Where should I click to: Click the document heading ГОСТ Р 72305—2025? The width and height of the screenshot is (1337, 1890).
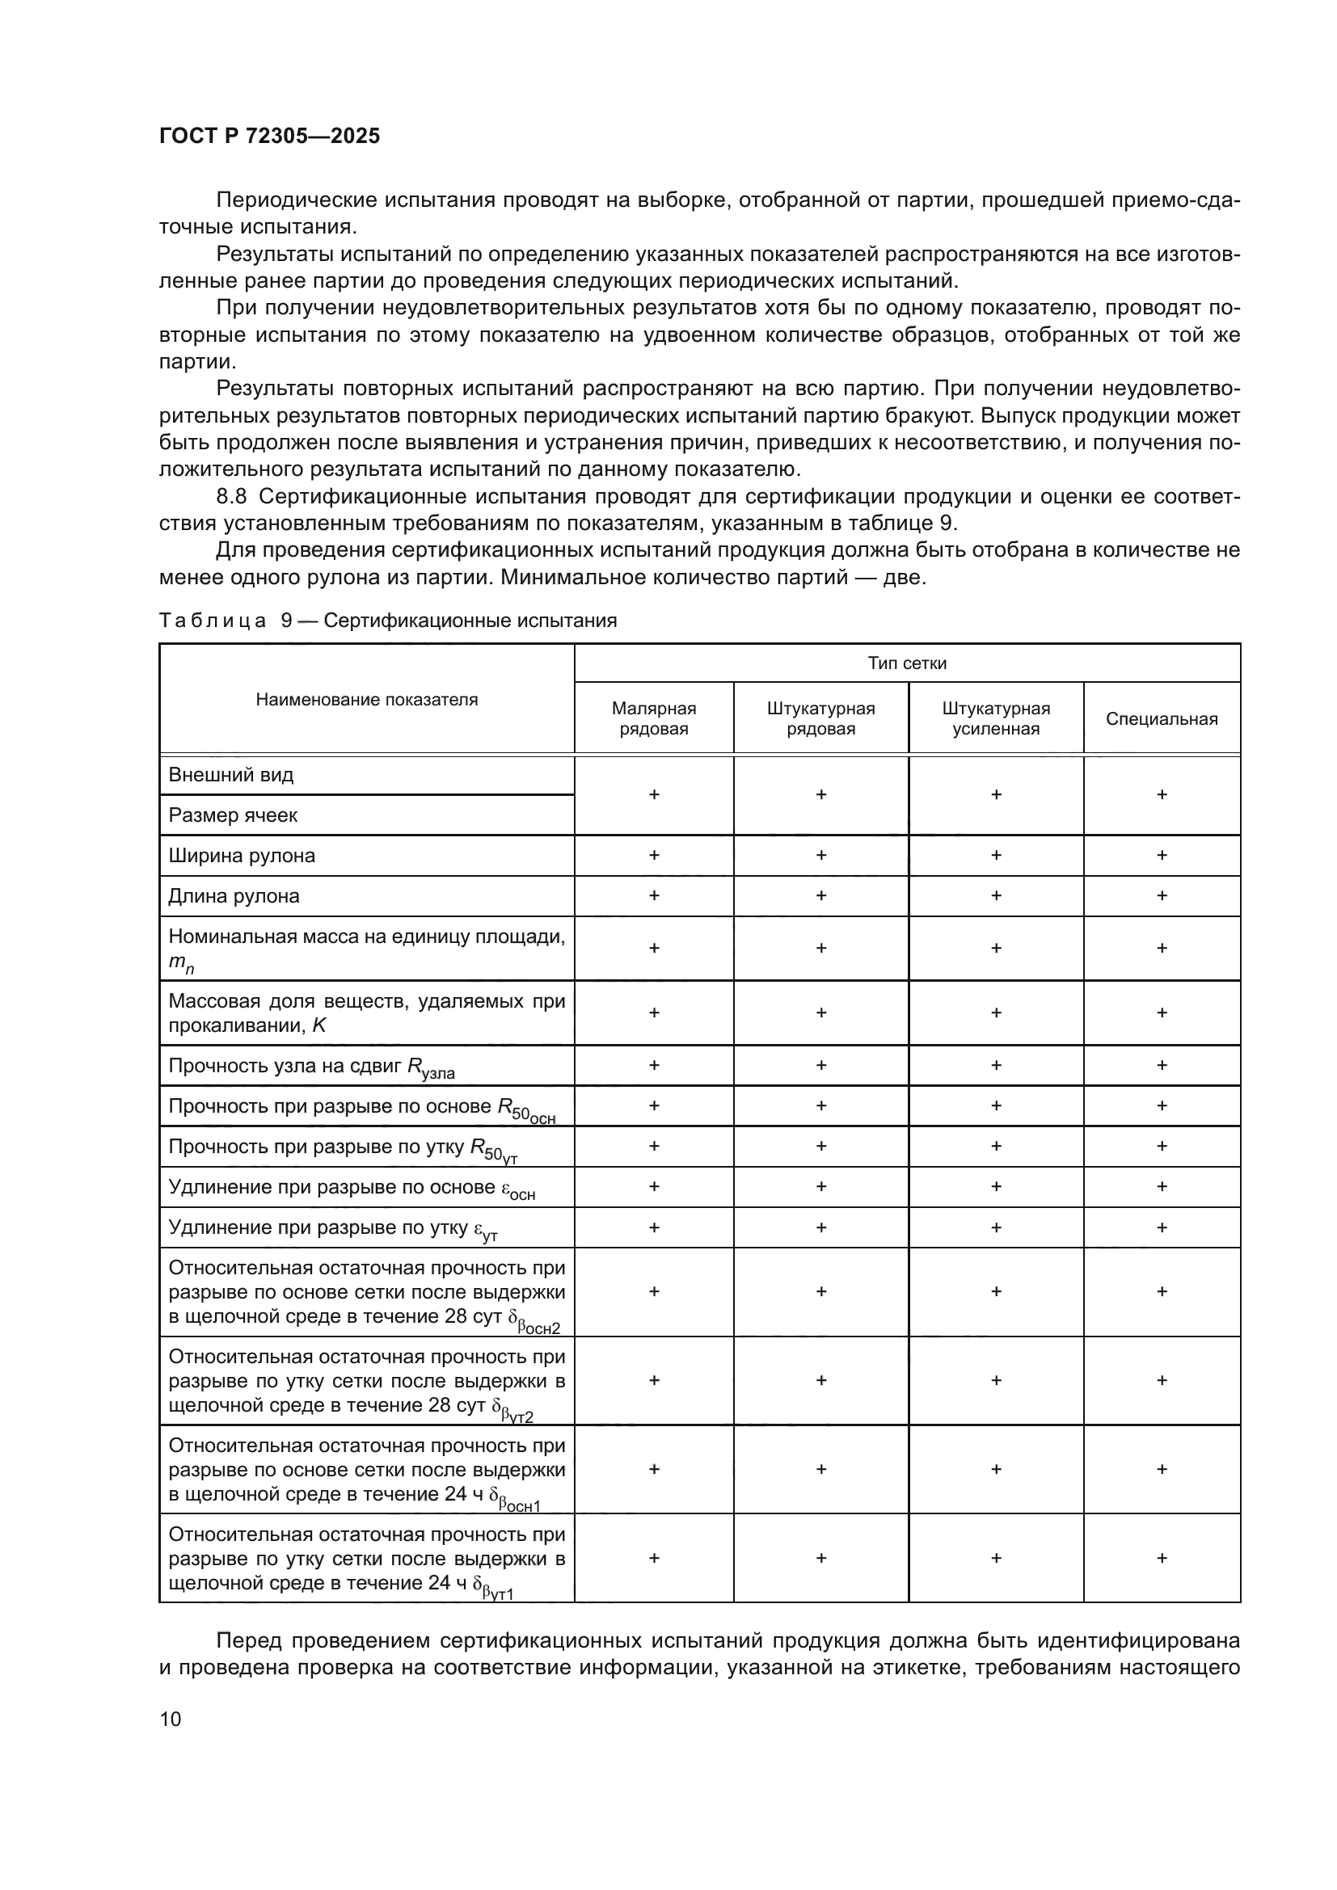click(x=269, y=136)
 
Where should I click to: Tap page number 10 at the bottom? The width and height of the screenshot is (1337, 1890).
click(x=171, y=1719)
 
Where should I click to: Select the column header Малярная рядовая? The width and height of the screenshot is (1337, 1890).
click(x=654, y=718)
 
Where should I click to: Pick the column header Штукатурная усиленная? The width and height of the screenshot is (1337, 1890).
click(x=995, y=718)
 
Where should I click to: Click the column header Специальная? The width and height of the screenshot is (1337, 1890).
click(x=1161, y=718)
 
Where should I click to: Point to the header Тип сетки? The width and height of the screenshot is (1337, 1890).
click(x=906, y=663)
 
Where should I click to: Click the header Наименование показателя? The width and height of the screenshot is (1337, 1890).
click(x=366, y=699)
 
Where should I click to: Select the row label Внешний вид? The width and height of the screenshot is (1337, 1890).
click(x=230, y=775)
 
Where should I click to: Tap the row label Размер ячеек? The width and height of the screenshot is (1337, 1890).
click(x=233, y=815)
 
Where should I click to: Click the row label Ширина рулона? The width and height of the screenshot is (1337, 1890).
click(x=241, y=855)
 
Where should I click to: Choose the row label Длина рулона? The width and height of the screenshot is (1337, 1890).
click(x=234, y=895)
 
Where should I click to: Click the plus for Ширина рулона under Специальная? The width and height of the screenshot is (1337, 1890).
click(x=1162, y=855)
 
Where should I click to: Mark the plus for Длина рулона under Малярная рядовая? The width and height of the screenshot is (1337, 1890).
click(x=654, y=895)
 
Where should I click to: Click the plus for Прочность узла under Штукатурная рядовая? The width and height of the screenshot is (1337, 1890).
click(x=820, y=1065)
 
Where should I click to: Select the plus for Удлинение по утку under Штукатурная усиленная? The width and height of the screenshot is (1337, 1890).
click(x=995, y=1227)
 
